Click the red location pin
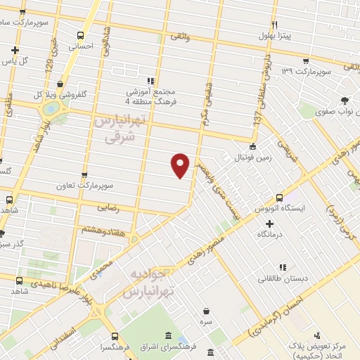coord(181,165)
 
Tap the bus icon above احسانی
coord(81,35)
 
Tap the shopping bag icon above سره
coord(207,311)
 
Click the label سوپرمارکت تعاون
coord(86,186)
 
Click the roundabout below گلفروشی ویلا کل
coord(51,110)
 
